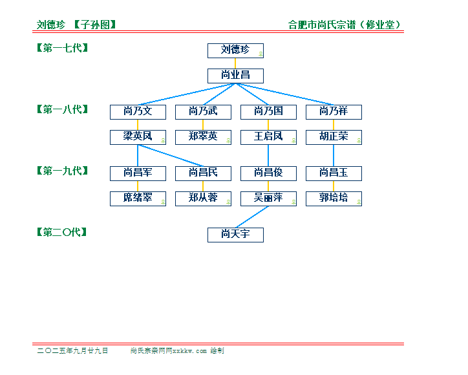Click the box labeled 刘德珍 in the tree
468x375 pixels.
(x=235, y=51)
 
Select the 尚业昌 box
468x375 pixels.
(x=235, y=76)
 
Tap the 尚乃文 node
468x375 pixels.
(x=138, y=112)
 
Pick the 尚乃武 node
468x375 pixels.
(x=203, y=112)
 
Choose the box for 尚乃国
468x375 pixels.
(x=269, y=112)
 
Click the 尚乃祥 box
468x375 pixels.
(x=334, y=112)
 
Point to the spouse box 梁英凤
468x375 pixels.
(x=138, y=137)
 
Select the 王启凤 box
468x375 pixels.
(x=269, y=137)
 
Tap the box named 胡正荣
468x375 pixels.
(x=334, y=137)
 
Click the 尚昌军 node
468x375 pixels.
(x=138, y=173)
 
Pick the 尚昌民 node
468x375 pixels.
(x=203, y=173)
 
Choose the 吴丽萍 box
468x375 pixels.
(x=269, y=199)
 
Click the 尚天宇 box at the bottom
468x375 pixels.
(x=235, y=235)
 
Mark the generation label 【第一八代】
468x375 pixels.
(x=63, y=109)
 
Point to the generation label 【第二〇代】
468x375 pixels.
(x=62, y=232)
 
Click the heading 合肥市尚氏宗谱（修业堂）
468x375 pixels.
(x=344, y=25)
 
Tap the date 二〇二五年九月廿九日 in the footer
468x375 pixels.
(x=72, y=350)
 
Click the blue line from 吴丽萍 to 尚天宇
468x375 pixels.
(x=252, y=217)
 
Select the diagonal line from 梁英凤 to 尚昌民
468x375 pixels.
(x=171, y=156)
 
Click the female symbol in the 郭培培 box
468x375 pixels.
(x=359, y=202)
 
